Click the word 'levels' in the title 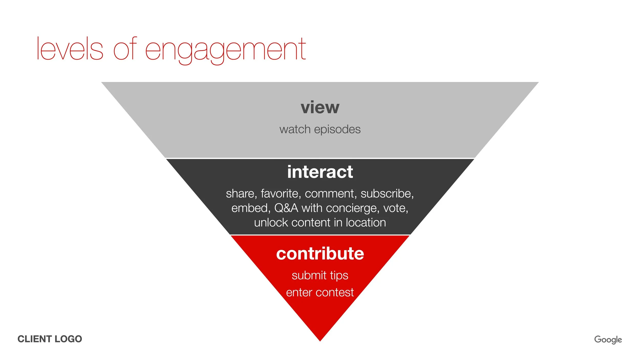click(x=70, y=49)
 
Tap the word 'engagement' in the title click(x=225, y=50)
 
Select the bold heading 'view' click(x=320, y=108)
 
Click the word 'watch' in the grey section click(x=295, y=130)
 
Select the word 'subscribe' click(x=387, y=194)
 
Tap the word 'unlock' click(x=271, y=223)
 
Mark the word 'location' click(x=366, y=223)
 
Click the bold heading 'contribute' click(x=320, y=254)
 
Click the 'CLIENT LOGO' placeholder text click(x=50, y=339)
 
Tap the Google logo click(x=608, y=340)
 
